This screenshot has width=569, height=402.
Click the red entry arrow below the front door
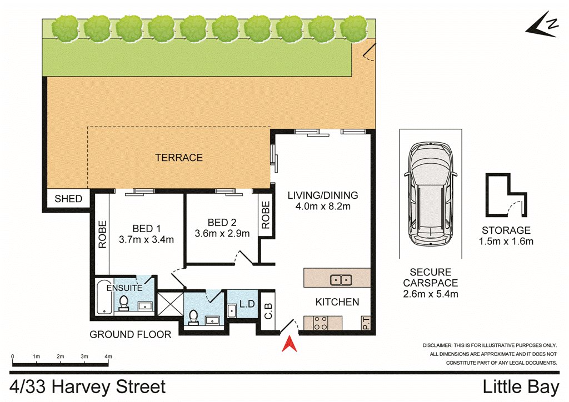290,345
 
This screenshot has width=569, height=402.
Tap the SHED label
68,199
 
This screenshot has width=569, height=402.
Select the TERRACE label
179,158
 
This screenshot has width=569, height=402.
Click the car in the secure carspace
431,194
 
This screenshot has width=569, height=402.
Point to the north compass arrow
542,25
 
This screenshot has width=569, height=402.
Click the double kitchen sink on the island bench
341,280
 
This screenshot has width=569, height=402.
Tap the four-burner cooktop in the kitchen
321,323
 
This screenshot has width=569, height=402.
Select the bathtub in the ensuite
104,297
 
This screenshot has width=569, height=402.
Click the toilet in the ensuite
124,303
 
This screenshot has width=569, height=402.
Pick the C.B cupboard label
268,310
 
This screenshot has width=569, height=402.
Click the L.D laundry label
247,304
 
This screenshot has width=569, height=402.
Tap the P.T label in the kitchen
366,323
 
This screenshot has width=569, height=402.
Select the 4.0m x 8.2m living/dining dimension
323,207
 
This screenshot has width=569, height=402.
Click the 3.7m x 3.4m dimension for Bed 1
146,240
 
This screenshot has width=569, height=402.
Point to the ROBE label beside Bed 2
266,215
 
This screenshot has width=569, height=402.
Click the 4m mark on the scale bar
108,356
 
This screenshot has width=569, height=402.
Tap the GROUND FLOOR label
130,334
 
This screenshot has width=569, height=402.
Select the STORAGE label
506,230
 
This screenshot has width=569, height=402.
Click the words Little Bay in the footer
521,387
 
